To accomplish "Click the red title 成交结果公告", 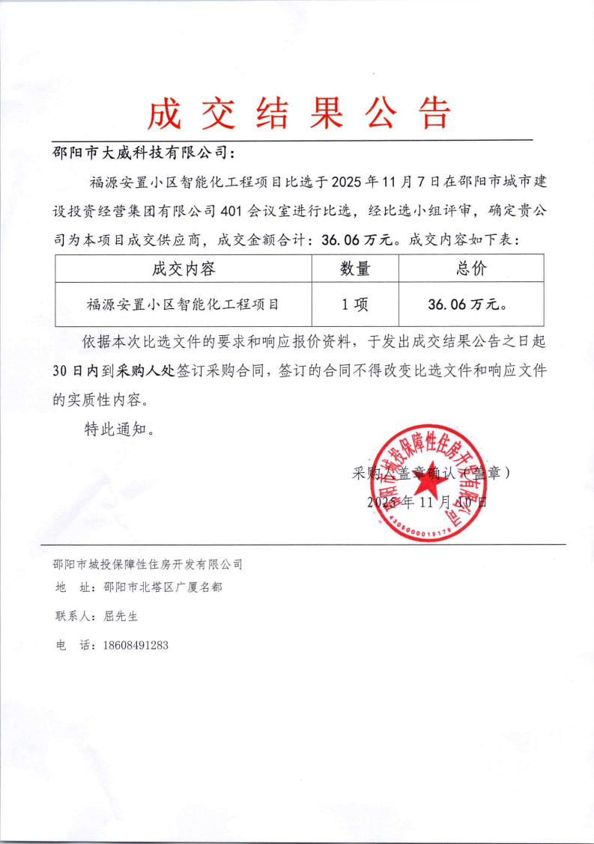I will pyautogui.click(x=298, y=114).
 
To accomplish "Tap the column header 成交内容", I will pyautogui.click(x=184, y=269).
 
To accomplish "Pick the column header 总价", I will pyautogui.click(x=470, y=269).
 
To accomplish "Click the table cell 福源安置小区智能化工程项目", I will pyautogui.click(x=184, y=305).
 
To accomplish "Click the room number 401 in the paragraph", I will pyautogui.click(x=236, y=212).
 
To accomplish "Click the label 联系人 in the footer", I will pyautogui.click(x=75, y=617).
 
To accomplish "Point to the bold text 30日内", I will pyautogui.click(x=76, y=370).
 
